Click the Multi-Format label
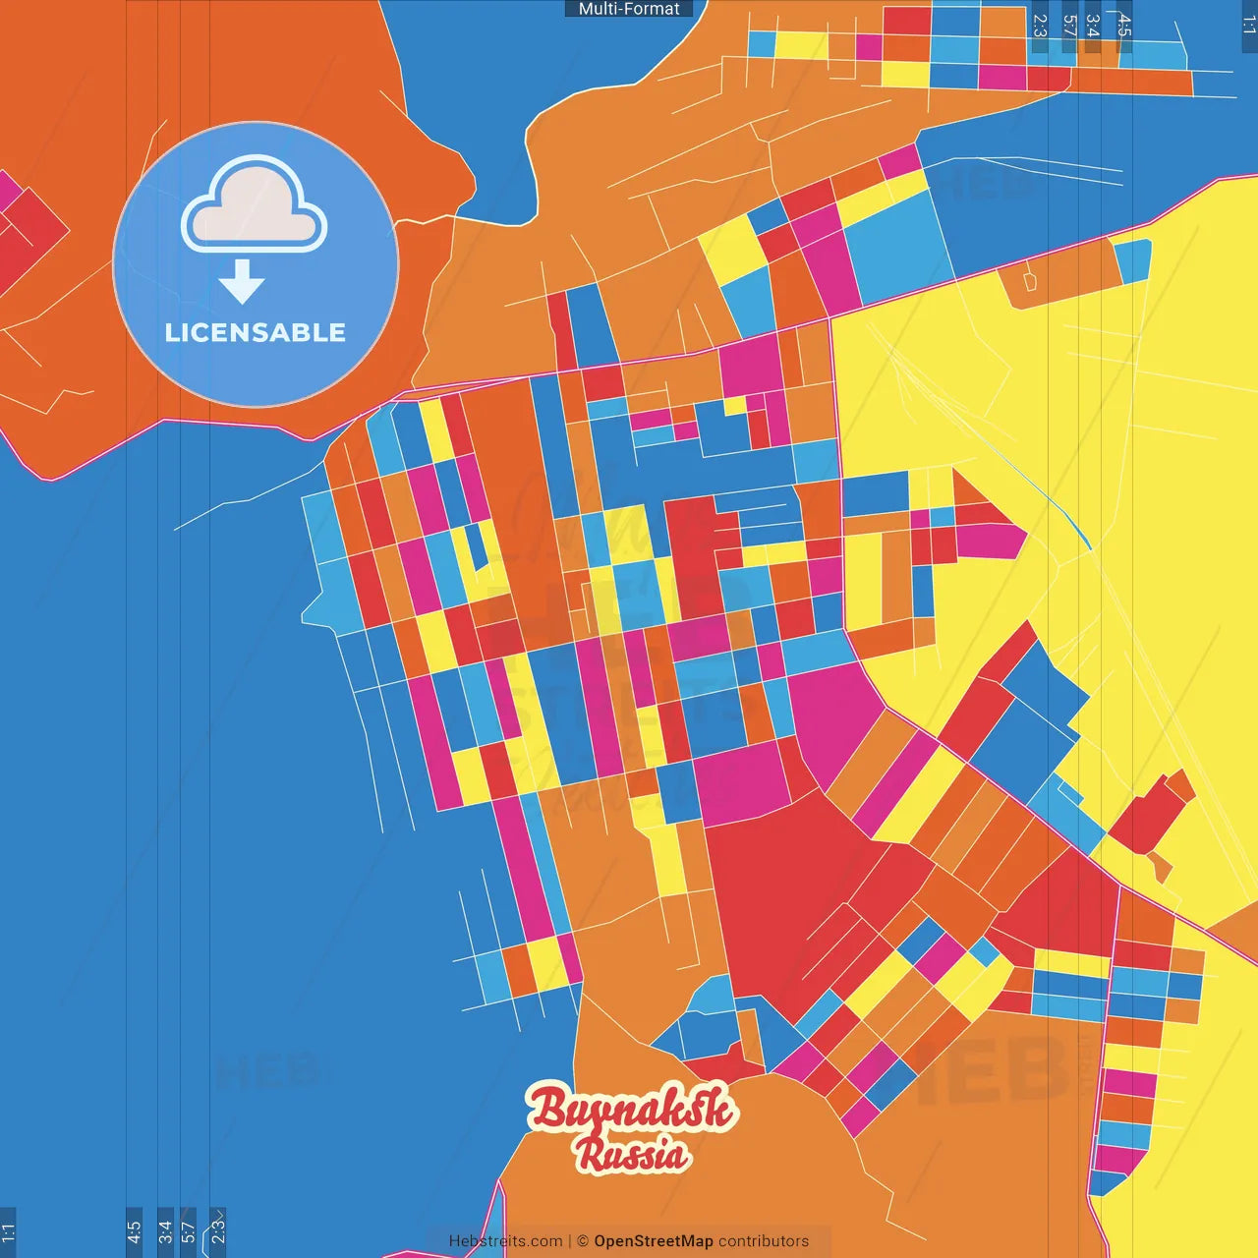pyautogui.click(x=629, y=9)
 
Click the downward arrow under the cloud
pyautogui.click(x=242, y=283)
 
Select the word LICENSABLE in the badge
pyautogui.click(x=256, y=333)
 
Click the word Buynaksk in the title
pyautogui.click(x=632, y=1108)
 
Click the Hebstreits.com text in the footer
pyautogui.click(x=505, y=1241)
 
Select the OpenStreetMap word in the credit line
pyautogui.click(x=653, y=1241)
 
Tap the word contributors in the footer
pyautogui.click(x=764, y=1241)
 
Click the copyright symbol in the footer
pyautogui.click(x=582, y=1241)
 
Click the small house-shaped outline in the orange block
pyautogui.click(x=1029, y=282)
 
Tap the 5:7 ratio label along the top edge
pyautogui.click(x=1069, y=27)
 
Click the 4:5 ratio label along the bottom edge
pyautogui.click(x=134, y=1232)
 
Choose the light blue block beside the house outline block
pyautogui.click(x=1132, y=260)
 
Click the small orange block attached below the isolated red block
pyautogui.click(x=1161, y=867)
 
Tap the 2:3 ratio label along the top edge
pyautogui.click(x=1040, y=27)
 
